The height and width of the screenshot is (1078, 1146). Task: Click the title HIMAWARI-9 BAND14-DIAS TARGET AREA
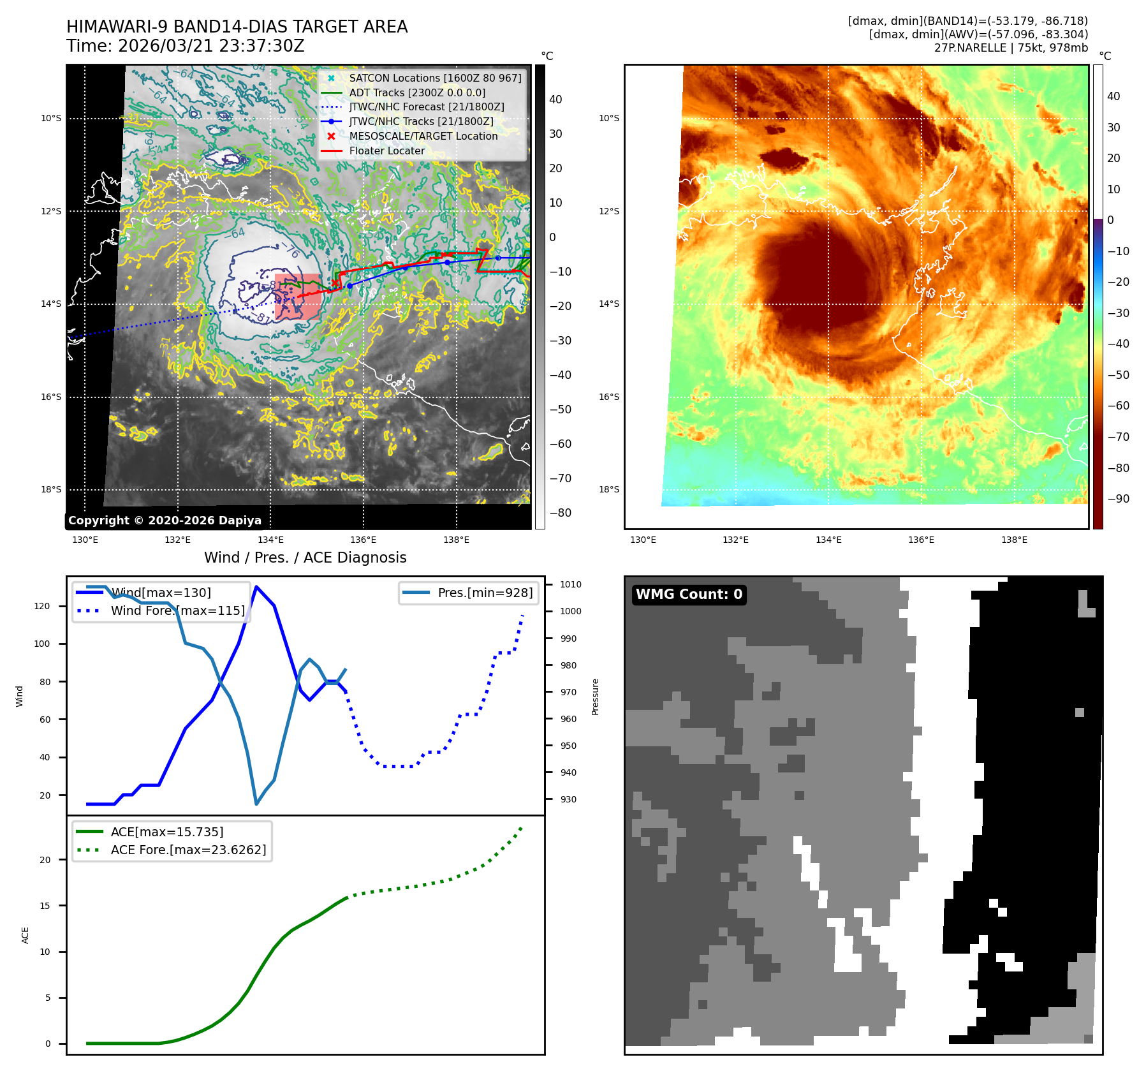237,27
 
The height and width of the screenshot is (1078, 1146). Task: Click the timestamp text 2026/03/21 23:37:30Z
211,47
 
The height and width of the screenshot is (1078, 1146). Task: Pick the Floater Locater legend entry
386,151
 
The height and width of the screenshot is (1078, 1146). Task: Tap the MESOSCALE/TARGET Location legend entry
423,136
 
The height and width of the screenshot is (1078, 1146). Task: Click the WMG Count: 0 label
689,594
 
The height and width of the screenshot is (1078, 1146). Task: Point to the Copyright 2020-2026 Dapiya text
165,521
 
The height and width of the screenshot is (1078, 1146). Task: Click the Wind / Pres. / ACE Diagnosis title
305,557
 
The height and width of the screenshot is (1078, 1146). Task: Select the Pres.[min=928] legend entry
485,593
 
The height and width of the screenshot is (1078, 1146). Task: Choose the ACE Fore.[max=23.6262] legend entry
188,850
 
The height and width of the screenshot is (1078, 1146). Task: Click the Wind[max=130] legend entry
161,593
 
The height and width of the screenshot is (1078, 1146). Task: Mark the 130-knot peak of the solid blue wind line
256,587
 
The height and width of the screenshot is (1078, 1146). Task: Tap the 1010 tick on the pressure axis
570,584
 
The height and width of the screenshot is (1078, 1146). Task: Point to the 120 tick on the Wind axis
42,607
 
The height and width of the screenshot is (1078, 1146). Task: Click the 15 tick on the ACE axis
45,906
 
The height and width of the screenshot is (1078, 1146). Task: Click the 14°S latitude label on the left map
51,304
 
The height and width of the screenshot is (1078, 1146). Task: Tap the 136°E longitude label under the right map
921,540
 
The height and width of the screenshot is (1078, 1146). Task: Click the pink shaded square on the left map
298,297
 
